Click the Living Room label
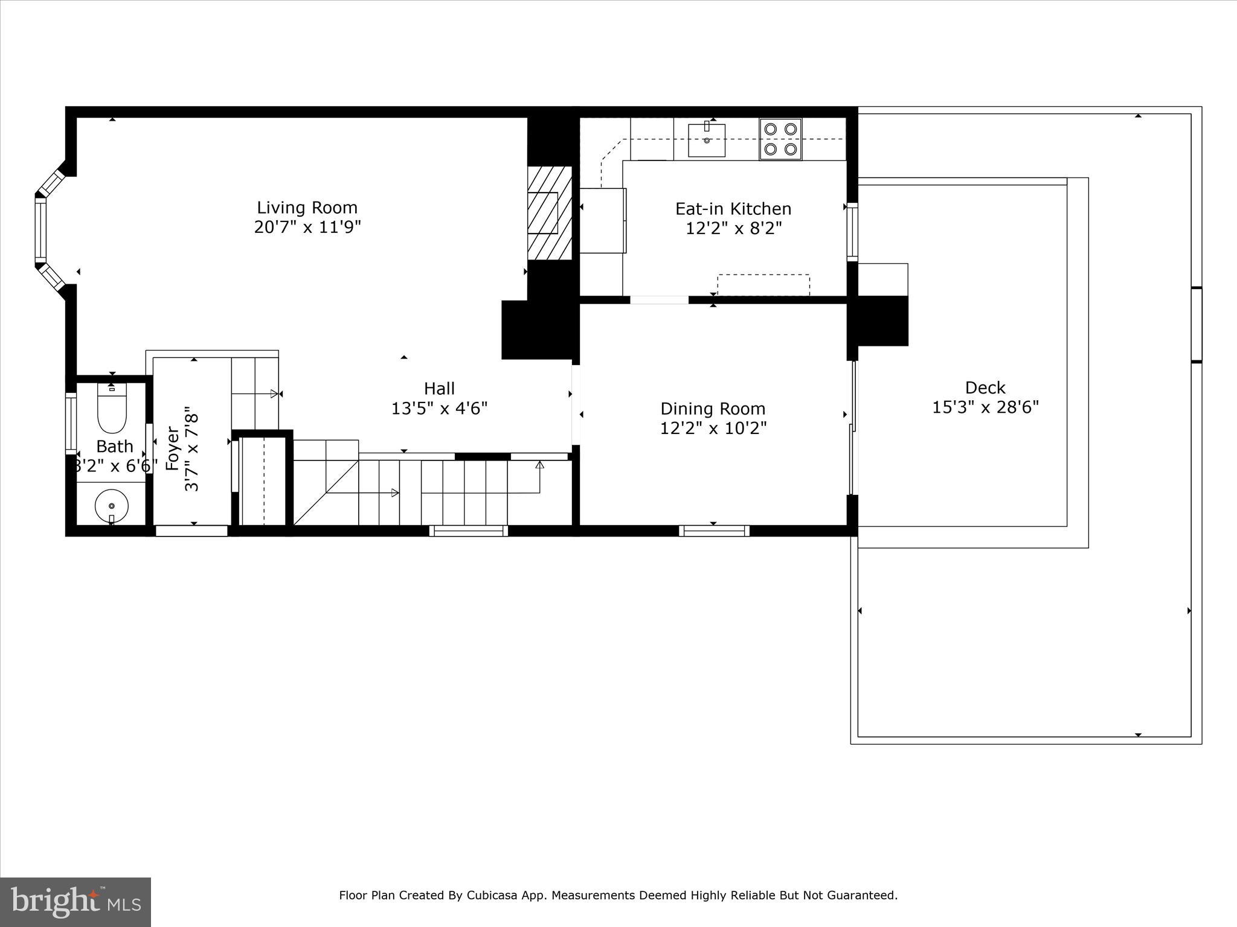307,208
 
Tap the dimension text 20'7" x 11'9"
307,228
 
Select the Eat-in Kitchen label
733,209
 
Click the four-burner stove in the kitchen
780,139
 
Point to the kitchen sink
707,140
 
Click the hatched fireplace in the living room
549,213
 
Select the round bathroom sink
112,506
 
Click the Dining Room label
713,409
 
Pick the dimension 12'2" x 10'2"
713,428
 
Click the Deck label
985,387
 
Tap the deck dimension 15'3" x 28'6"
985,407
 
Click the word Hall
439,388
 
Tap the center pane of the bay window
40,229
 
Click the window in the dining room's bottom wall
714,531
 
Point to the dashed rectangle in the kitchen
763,285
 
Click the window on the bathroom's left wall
71,424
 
